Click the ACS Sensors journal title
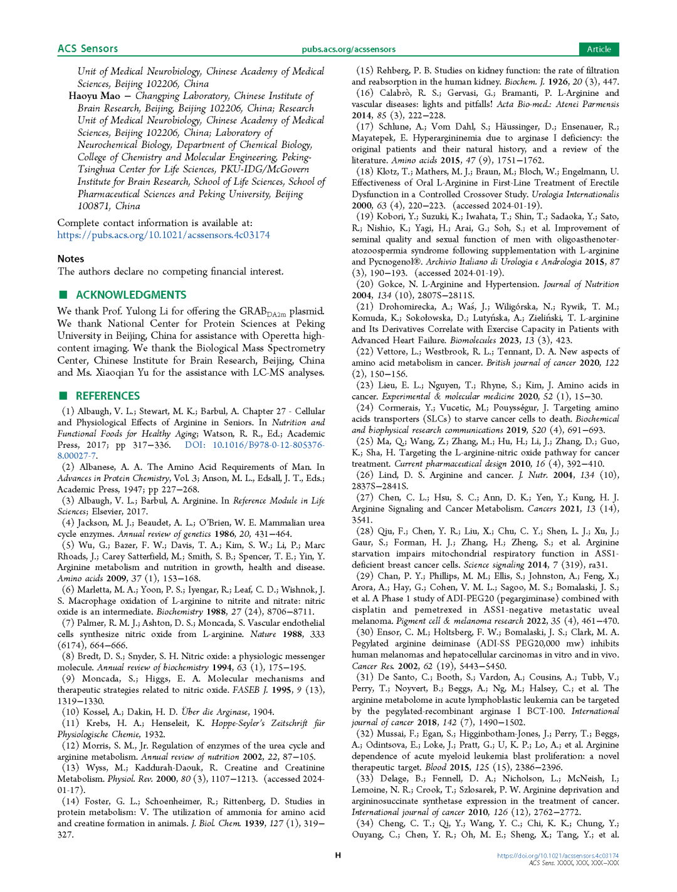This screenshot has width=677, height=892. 87,49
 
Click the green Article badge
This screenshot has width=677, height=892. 599,49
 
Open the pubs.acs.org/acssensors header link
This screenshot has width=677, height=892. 349,49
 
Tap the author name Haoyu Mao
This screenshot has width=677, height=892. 94,96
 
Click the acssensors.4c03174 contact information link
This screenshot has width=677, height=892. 164,235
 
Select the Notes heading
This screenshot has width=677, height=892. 71,259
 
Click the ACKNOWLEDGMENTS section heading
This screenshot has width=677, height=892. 131,295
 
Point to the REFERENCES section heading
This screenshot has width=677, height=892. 108,396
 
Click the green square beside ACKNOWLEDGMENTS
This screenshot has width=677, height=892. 63,294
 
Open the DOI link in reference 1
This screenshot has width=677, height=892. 254,445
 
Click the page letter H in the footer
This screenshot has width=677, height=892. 338,856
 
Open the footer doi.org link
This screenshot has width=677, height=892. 557,856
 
